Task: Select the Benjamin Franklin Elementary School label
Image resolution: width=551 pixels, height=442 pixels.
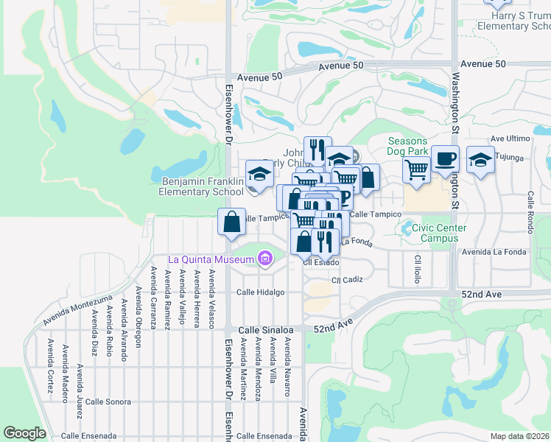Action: click(200, 186)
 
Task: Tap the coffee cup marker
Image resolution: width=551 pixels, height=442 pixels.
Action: click(444, 159)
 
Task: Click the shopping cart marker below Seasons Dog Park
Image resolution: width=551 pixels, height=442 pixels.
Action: click(417, 169)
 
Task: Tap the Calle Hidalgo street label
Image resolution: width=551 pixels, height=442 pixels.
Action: click(260, 292)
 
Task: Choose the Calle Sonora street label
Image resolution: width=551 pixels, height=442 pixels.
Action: click(108, 401)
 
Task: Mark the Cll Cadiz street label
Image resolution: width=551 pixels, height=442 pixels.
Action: click(347, 280)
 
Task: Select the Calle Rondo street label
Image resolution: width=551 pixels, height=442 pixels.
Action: click(530, 212)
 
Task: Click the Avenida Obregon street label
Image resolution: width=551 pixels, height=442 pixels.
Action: click(138, 324)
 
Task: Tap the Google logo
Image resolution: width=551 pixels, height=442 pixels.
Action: click(24, 433)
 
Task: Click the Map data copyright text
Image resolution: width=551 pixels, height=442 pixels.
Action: click(519, 436)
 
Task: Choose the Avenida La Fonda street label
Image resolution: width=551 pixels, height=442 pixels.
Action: click(494, 252)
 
